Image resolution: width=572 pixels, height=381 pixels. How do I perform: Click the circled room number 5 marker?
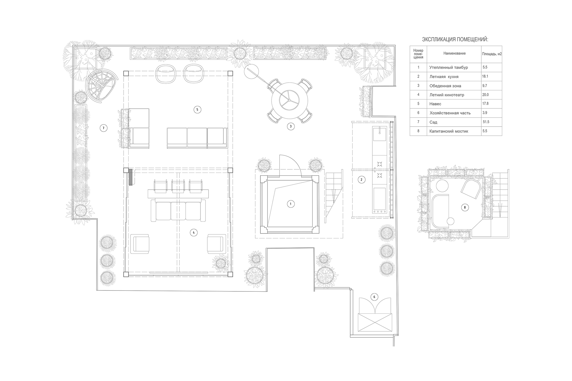197,110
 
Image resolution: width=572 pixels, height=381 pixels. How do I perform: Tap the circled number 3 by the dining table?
291,126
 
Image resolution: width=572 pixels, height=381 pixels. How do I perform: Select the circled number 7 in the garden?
103,128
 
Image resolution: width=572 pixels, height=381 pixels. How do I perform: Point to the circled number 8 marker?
465,207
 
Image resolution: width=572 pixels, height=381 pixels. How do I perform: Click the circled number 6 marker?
374,297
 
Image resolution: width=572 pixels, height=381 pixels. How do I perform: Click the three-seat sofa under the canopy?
197,138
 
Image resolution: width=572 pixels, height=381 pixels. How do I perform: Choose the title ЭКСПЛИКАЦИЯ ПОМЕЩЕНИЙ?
455,39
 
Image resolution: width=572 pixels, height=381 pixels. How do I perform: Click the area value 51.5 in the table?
486,122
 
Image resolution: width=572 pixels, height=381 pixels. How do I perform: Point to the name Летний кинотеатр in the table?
447,95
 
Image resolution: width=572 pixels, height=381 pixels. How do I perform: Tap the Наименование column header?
454,53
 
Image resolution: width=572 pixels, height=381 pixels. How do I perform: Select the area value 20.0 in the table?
486,95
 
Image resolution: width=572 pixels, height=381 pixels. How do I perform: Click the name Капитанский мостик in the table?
449,131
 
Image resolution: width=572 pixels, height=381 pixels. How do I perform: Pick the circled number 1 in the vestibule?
291,204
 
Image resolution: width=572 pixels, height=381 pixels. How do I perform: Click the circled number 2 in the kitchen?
361,179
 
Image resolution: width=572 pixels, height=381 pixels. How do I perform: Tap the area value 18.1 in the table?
485,76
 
